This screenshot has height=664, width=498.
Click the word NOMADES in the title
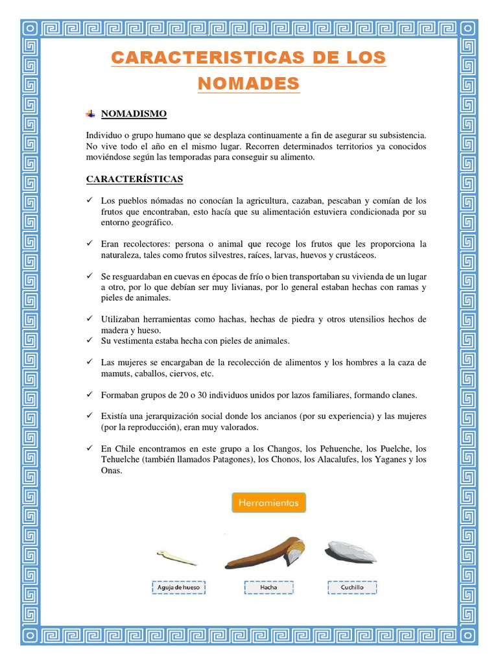pyautogui.click(x=249, y=83)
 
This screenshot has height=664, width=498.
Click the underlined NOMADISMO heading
pyautogui.click(x=134, y=114)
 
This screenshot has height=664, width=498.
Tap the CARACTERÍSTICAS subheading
pyautogui.click(x=135, y=178)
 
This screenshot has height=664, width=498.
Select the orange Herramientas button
pyautogui.click(x=268, y=503)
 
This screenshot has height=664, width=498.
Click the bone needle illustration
pyautogui.click(x=176, y=557)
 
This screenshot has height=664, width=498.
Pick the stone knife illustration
pyautogui.click(x=351, y=551)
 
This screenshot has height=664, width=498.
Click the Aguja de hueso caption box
pyautogui.click(x=179, y=587)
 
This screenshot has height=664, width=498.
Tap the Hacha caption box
pyautogui.click(x=268, y=587)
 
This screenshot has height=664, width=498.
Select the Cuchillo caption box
pyautogui.click(x=352, y=587)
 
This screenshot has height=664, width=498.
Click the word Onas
pyautogui.click(x=111, y=471)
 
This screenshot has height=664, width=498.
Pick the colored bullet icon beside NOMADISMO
pyautogui.click(x=90, y=114)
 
